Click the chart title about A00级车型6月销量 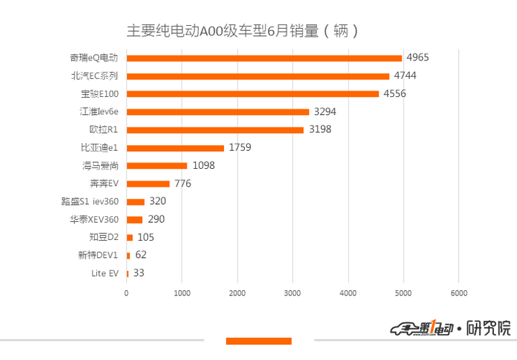pos(243,31)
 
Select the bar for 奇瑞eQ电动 pos(264,57)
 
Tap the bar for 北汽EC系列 pos(258,75)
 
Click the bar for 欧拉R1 pos(215,129)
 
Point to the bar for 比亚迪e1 pos(175,147)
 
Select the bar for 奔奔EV pos(148,183)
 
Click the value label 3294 pos(325,111)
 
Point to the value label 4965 pos(417,57)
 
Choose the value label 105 pos(146,237)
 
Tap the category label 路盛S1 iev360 pos(90,201)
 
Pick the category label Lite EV pos(105,273)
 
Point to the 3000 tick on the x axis pos(292,293)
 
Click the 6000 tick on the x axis pos(459,293)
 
